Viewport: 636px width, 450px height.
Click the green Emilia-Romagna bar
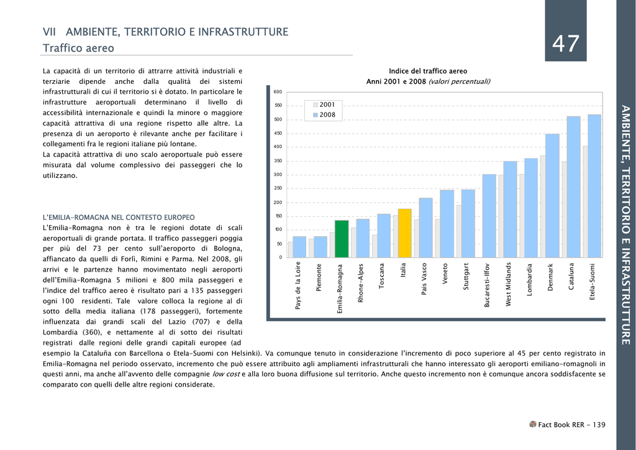pyautogui.click(x=342, y=239)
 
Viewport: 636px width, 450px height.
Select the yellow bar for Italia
pyautogui.click(x=405, y=233)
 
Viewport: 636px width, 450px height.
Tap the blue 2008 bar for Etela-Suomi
pyautogui.click(x=594, y=186)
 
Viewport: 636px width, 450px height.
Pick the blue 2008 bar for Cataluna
pyautogui.click(x=573, y=187)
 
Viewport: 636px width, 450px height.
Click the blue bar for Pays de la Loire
pyautogui.click(x=299, y=247)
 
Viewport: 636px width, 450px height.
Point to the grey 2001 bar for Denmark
pyautogui.click(x=543, y=206)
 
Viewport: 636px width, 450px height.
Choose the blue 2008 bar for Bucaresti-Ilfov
pyautogui.click(x=489, y=216)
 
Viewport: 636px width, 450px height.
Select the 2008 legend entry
pyautogui.click(x=324, y=115)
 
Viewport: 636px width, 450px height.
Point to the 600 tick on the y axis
pyautogui.click(x=278, y=92)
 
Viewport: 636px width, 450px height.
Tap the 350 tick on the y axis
pyautogui.click(x=278, y=161)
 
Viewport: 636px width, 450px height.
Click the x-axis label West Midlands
pyautogui.click(x=509, y=285)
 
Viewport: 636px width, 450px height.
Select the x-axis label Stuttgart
pyautogui.click(x=466, y=277)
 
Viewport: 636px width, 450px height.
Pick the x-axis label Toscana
pyautogui.click(x=381, y=276)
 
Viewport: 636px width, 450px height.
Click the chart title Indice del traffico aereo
pyautogui.click(x=428, y=71)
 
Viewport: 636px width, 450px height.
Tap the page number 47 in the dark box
pyautogui.click(x=566, y=43)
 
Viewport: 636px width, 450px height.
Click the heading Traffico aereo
pyautogui.click(x=78, y=48)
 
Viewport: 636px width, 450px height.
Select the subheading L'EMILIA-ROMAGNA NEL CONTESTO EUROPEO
pyautogui.click(x=119, y=218)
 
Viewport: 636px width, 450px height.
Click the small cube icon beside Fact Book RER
pyautogui.click(x=532, y=424)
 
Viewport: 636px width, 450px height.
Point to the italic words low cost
pyautogui.click(x=226, y=374)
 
